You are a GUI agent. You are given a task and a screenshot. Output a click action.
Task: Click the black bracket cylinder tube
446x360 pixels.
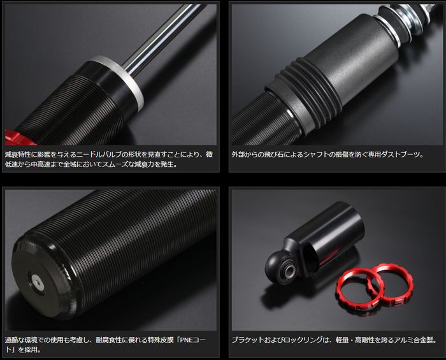pyautogui.click(x=333, y=236)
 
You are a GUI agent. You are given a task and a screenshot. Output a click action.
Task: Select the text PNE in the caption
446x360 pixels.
pyautogui.click(x=186, y=340)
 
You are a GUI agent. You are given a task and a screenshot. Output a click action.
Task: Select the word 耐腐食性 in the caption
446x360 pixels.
pyautogui.click(x=108, y=340)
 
